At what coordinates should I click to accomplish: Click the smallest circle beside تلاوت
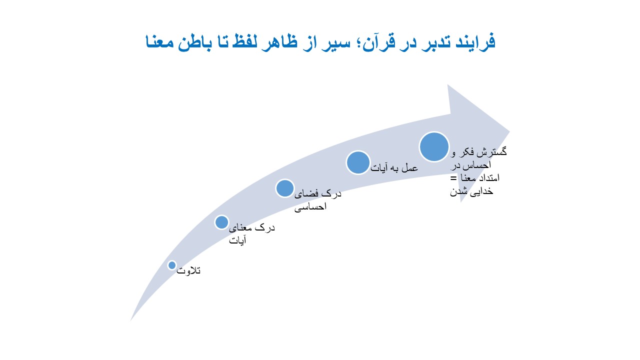(172, 265)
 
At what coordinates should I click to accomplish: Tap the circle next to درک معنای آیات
(221, 222)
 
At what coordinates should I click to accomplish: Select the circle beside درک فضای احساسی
(285, 188)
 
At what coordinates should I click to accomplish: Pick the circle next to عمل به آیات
(358, 162)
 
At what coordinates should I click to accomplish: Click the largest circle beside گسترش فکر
(434, 147)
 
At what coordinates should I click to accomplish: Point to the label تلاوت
(188, 270)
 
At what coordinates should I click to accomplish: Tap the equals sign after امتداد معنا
(453, 178)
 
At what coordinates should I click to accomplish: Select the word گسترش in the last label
(491, 151)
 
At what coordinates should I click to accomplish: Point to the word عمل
(410, 168)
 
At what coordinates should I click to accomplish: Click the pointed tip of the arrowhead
(509, 131)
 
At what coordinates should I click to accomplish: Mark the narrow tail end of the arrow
(131, 320)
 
